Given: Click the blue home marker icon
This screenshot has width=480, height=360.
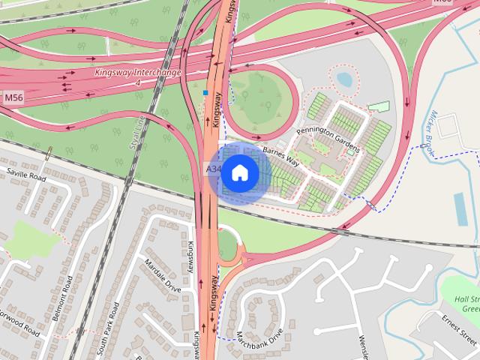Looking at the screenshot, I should (x=239, y=173).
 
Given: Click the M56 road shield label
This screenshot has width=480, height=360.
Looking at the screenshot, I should (x=13, y=98).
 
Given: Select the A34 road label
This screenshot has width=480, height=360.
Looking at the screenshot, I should (x=213, y=169).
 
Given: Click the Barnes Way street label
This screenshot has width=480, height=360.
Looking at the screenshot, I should (x=281, y=157).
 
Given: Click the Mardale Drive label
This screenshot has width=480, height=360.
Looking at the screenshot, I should (x=163, y=274).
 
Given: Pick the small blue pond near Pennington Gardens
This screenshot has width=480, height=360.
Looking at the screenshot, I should (x=344, y=78).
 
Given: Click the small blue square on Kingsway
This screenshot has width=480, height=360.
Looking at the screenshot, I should (x=205, y=93).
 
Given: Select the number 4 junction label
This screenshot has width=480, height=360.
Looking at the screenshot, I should (x=138, y=82).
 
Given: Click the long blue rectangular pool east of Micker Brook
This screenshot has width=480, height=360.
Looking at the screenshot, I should (x=460, y=209).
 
